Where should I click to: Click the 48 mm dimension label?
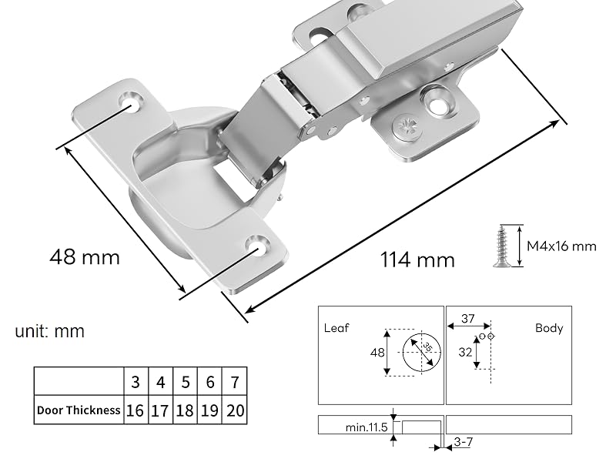point(85,256)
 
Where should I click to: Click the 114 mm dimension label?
point(417,259)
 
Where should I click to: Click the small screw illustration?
point(502,246)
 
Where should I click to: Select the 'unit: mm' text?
point(50,332)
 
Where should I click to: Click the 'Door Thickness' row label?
point(79,410)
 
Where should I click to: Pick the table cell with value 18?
point(185,410)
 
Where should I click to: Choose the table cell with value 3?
point(136,382)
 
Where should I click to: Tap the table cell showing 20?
point(236,410)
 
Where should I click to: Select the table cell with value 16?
point(136,410)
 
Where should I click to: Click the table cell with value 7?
point(236,382)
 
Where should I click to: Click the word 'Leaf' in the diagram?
point(336,328)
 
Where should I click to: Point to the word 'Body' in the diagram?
point(549,328)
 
